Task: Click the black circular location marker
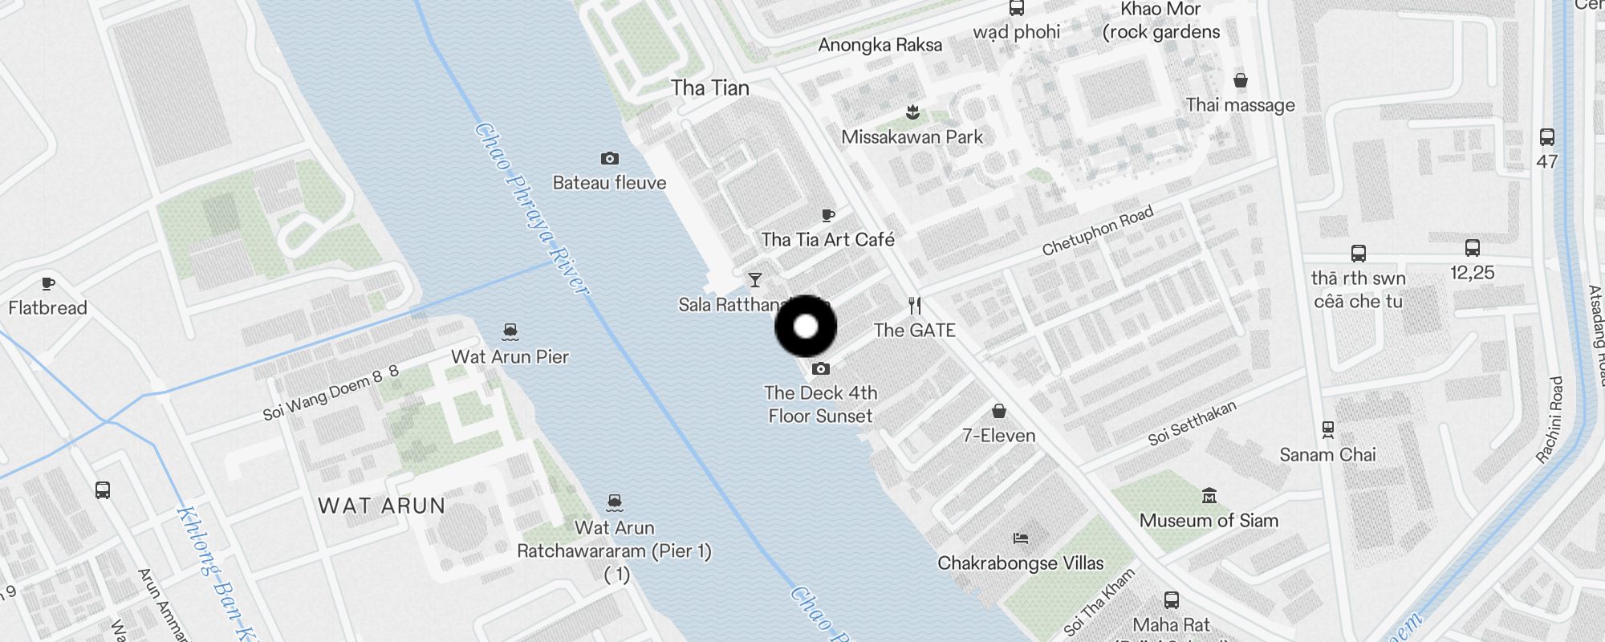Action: [806, 327]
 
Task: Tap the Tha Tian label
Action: [710, 88]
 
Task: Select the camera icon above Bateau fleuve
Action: [610, 159]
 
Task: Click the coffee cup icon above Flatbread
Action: [48, 283]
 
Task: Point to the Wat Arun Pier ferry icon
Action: [510, 331]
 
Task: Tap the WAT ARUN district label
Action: [381, 506]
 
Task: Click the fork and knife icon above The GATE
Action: [915, 306]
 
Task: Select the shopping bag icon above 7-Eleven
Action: [999, 412]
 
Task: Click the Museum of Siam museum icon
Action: [1209, 496]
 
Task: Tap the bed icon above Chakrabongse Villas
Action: [1021, 538]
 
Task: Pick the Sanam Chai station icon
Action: [1328, 430]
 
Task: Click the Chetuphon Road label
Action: [1098, 230]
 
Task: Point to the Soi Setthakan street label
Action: [1192, 423]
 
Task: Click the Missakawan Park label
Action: [912, 137]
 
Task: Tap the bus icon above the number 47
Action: [1547, 137]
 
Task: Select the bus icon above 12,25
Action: [1473, 248]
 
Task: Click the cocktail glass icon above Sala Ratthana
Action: [754, 280]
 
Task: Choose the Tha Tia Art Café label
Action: [827, 239]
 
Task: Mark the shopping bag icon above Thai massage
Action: [1241, 80]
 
